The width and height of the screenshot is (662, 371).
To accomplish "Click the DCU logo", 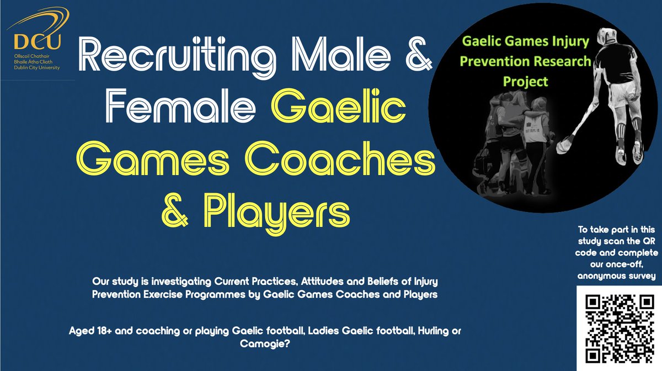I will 36,41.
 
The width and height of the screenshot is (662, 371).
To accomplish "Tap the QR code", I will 616,328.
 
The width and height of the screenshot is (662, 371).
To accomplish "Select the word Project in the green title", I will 525,81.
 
